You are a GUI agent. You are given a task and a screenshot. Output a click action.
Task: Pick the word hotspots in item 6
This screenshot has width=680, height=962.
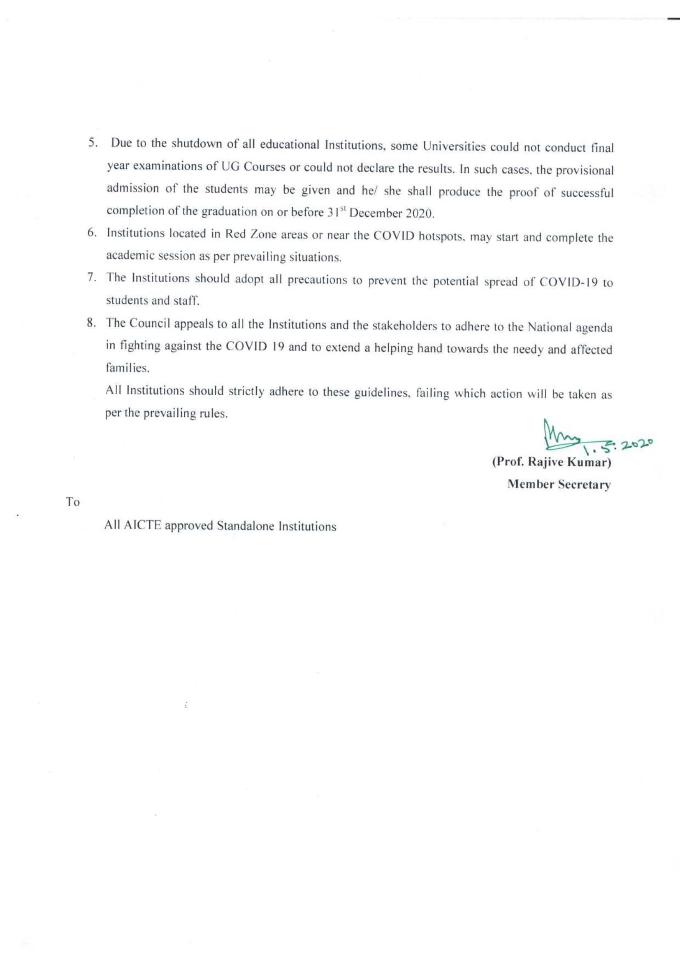tap(440, 237)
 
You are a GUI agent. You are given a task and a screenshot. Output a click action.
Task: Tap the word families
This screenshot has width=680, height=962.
tap(128, 369)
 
